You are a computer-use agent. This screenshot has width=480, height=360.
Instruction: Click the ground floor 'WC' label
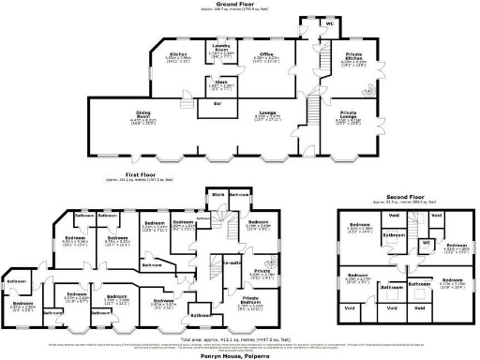330,22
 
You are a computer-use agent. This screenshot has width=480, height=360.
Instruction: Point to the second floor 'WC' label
425,242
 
